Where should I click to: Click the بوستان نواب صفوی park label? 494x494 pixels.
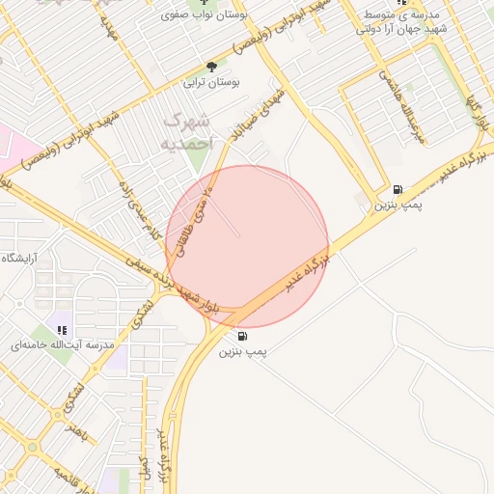click(214, 16)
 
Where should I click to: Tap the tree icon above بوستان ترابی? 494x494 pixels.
click(211, 67)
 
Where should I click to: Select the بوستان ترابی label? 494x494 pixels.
click(211, 83)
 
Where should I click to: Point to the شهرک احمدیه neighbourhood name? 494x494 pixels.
click(187, 131)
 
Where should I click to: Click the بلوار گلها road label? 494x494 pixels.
click(476, 110)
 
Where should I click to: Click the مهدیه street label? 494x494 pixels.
click(108, 32)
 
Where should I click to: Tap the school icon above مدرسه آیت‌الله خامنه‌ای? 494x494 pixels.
click(63, 329)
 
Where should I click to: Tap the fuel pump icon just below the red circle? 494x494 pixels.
click(241, 337)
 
